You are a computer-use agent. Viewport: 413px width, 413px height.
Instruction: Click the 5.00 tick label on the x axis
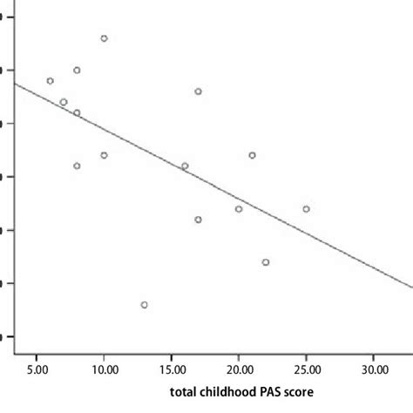click(37, 369)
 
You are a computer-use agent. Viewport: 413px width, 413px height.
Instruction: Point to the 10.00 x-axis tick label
click(104, 369)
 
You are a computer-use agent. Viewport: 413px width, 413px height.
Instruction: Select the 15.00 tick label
click(171, 369)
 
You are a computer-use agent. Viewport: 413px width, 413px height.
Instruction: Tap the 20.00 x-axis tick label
click(239, 369)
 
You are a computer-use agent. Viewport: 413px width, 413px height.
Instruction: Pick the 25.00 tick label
click(306, 369)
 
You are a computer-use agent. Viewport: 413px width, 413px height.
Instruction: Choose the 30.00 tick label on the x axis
click(373, 369)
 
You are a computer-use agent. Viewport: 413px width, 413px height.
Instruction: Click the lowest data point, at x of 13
click(144, 304)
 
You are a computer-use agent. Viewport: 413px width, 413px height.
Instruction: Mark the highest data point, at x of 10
click(104, 38)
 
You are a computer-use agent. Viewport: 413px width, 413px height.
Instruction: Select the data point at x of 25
click(306, 209)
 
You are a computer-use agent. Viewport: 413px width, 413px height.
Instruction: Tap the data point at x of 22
click(266, 261)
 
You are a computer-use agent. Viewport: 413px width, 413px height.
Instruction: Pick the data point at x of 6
click(50, 81)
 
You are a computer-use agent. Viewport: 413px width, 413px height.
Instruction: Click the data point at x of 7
click(64, 102)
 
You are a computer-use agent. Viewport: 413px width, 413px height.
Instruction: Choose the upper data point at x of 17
click(198, 91)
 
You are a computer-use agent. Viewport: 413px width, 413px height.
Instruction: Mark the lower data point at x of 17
click(198, 220)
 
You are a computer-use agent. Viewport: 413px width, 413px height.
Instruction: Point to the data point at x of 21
click(252, 155)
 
